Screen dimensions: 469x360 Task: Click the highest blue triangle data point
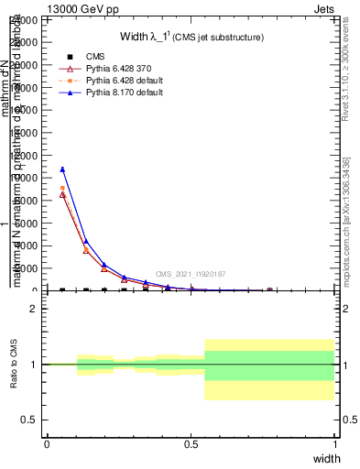pos(62,169)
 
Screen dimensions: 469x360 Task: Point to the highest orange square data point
pos(62,188)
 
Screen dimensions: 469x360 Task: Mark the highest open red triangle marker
pos(62,194)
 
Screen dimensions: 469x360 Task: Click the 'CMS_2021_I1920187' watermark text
pos(190,274)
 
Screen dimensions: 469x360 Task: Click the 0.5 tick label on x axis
pos(191,444)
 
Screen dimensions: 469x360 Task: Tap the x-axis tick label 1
pos(335,444)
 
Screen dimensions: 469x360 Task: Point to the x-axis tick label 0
pos(47,444)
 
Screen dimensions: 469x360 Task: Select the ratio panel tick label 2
pos(33,309)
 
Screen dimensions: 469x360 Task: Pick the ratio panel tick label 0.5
pos(29,420)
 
